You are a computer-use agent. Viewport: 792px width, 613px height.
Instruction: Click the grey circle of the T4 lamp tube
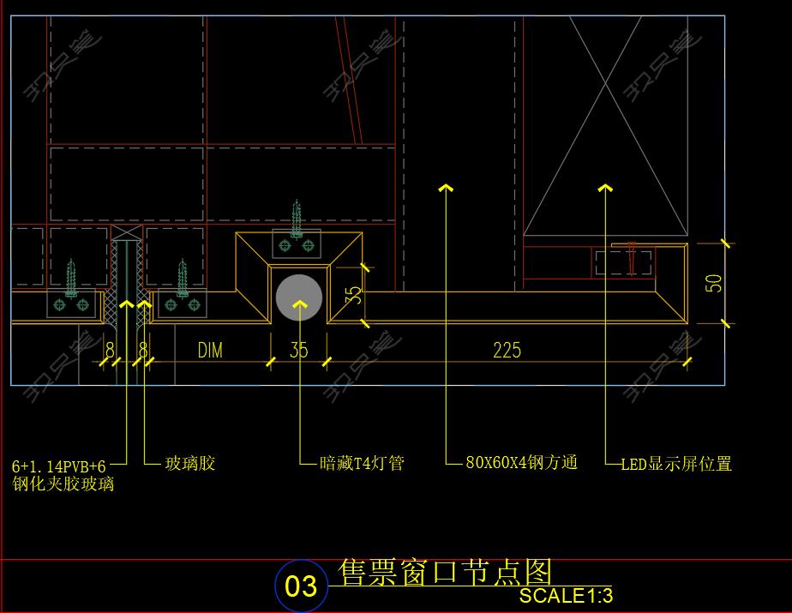click(298, 297)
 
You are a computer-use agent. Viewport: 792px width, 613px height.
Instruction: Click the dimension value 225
click(507, 350)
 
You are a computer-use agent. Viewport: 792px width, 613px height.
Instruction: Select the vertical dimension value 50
click(714, 283)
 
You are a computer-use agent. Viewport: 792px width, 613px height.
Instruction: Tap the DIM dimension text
click(210, 350)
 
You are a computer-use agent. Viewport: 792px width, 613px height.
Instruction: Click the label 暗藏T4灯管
click(361, 464)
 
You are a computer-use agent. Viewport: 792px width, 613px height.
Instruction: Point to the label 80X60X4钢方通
click(521, 463)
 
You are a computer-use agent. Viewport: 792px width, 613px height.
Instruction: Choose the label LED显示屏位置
click(676, 464)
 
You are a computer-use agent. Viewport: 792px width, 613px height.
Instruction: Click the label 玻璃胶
click(189, 464)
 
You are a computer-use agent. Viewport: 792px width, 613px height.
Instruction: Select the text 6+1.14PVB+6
click(58, 466)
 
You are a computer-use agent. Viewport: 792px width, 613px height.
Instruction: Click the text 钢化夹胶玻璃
click(63, 484)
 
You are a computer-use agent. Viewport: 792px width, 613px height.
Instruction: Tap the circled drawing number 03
click(300, 586)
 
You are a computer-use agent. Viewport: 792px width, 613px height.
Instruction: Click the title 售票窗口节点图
click(446, 571)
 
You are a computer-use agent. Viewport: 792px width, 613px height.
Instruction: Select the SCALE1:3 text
click(566, 596)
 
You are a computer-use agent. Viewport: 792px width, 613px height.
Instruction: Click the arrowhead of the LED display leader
click(605, 187)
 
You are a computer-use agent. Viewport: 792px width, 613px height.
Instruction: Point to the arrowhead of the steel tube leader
click(445, 187)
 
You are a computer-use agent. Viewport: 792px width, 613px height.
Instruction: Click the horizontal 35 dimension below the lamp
click(298, 350)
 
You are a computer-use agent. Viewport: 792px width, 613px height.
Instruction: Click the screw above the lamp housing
click(297, 220)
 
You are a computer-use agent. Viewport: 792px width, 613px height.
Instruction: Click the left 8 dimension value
click(110, 350)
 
